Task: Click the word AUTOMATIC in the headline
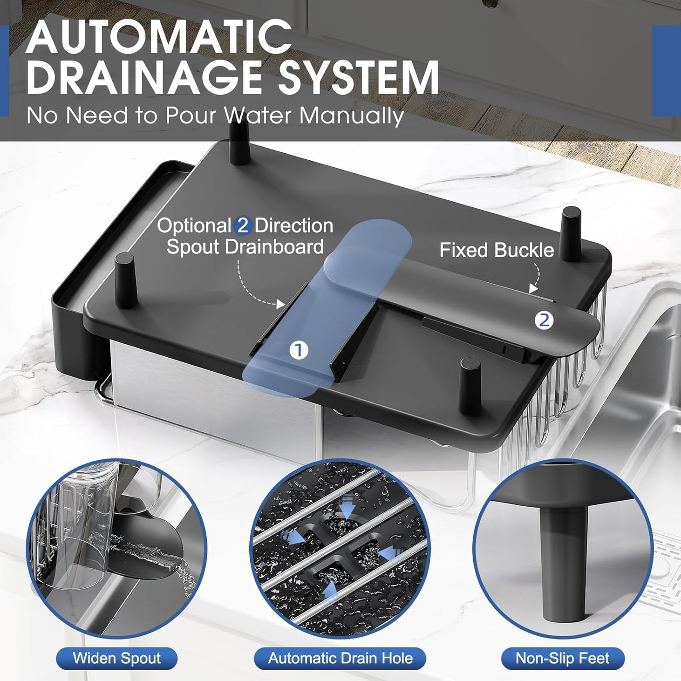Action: [159, 37]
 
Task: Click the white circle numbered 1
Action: [299, 350]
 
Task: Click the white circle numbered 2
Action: [544, 320]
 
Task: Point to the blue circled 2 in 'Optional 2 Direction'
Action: [242, 225]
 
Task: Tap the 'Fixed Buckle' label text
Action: [497, 250]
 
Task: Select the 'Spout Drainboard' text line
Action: [245, 246]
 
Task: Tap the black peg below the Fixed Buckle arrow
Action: [572, 234]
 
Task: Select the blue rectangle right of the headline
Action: [666, 71]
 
